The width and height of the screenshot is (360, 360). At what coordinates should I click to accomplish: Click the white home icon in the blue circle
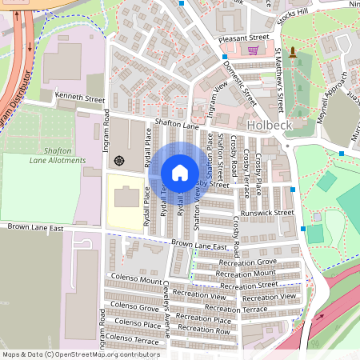(179, 172)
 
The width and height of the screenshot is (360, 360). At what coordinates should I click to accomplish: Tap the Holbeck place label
(269, 126)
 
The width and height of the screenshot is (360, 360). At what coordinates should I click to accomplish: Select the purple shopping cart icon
(254, 50)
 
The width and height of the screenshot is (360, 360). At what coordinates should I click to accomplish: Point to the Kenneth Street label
(79, 100)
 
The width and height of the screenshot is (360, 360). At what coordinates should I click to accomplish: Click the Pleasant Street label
(237, 37)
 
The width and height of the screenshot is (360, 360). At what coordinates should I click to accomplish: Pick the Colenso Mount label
(135, 280)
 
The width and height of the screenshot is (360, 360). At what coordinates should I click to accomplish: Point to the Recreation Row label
(204, 330)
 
